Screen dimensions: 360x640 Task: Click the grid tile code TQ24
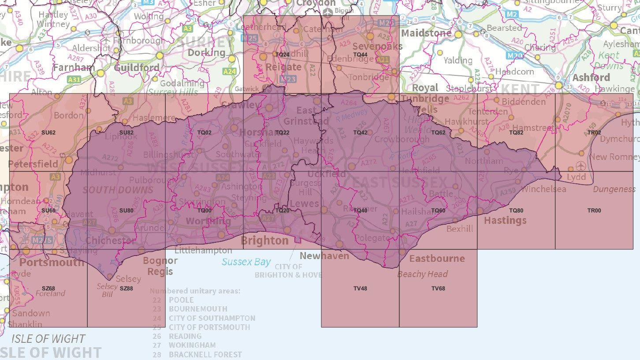pyautogui.click(x=282, y=55)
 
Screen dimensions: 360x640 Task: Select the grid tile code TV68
pyautogui.click(x=438, y=289)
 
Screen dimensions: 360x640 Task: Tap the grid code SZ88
pyautogui.click(x=126, y=289)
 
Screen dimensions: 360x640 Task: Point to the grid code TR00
pyautogui.click(x=594, y=211)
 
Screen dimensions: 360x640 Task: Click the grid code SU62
pyautogui.click(x=48, y=133)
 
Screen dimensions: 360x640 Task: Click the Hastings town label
pyautogui.click(x=505, y=220)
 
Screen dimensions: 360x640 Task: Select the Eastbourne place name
pyautogui.click(x=437, y=258)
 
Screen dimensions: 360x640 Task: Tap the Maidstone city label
pyautogui.click(x=426, y=33)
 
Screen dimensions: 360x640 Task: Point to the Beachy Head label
pyautogui.click(x=422, y=274)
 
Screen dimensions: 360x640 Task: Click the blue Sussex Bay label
pyautogui.click(x=246, y=262)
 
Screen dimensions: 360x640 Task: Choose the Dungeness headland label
pyautogui.click(x=614, y=189)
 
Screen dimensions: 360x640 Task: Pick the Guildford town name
pyautogui.click(x=137, y=68)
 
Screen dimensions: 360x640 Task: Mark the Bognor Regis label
pyautogui.click(x=160, y=266)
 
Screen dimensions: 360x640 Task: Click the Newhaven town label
pyautogui.click(x=324, y=256)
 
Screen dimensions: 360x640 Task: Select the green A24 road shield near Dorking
pyautogui.click(x=230, y=71)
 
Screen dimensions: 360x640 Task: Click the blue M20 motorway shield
pyautogui.click(x=514, y=55)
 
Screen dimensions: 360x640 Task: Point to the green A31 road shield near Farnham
pyautogui.click(x=74, y=80)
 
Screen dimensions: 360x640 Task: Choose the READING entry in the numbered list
pyautogui.click(x=185, y=336)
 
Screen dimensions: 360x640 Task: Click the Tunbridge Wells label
pyautogui.click(x=424, y=104)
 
